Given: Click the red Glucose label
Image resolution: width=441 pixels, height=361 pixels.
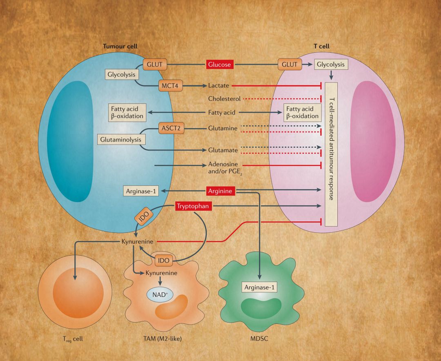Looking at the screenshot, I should pos(220,65).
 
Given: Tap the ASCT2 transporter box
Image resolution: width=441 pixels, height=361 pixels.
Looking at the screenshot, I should pos(171,128).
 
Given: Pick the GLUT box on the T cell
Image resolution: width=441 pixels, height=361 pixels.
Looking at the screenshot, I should pos(290,64).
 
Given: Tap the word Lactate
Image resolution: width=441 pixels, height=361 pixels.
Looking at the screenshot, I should pos(218,86).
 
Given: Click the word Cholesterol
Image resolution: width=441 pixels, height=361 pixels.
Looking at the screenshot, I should pos(224,99).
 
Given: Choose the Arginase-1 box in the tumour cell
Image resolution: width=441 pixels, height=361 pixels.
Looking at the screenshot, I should pos(141,191).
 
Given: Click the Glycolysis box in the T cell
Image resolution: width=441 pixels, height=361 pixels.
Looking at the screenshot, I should pos(331,64).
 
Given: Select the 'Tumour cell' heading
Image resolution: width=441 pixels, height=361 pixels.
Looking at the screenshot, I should pos(120,46).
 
